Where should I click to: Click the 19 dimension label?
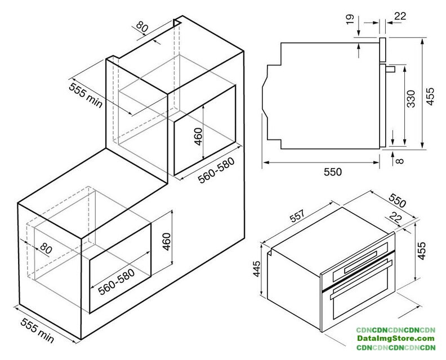pos(350,19)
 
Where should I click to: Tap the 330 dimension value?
pos(411,99)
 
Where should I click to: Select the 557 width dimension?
pos(297,216)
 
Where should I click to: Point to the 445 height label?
pos(256,269)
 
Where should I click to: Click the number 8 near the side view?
pos(400,161)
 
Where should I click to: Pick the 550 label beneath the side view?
pos(332,172)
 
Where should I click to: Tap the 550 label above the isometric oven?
pos(398,201)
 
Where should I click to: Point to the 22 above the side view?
pos(400,16)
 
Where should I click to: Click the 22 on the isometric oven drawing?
pos(395,218)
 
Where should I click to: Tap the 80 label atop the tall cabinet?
pos(142,26)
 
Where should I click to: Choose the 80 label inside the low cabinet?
pos(46,248)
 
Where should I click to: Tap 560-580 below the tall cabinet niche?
pos(216,170)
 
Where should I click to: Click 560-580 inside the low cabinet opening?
pos(116,282)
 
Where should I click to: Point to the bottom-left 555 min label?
pos(37,330)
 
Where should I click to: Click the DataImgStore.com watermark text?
pos(396,339)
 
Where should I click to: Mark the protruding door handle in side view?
pos(390,69)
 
